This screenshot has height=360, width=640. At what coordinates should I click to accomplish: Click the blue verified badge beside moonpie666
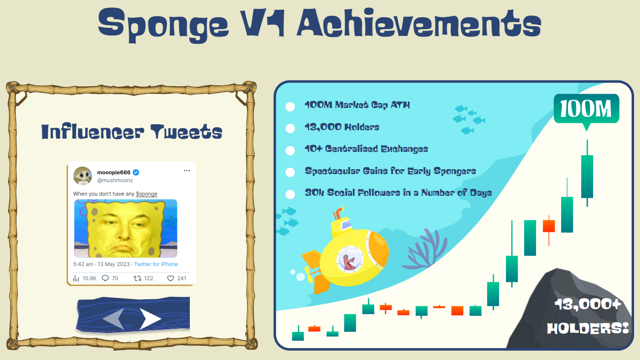click(x=136, y=172)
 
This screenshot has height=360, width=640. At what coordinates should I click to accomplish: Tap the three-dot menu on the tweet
click(x=187, y=171)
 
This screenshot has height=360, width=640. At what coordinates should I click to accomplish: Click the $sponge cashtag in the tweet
click(x=146, y=194)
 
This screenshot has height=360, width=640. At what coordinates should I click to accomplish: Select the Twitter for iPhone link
click(x=156, y=264)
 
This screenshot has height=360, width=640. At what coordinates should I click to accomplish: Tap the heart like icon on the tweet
click(x=171, y=278)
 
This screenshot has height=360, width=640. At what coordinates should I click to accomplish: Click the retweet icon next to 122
click(x=138, y=278)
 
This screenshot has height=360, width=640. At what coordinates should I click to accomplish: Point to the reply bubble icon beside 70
click(x=105, y=278)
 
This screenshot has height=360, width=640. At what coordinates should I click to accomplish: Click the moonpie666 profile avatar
click(x=82, y=176)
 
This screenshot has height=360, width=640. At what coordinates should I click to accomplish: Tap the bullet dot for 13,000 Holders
click(x=290, y=128)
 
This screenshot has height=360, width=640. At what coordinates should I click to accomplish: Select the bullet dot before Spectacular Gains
click(x=290, y=172)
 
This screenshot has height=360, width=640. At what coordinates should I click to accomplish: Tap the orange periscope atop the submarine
click(x=338, y=213)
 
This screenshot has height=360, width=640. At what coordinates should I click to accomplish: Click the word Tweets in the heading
click(x=186, y=132)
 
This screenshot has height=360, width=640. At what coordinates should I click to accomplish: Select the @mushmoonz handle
click(x=115, y=180)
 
